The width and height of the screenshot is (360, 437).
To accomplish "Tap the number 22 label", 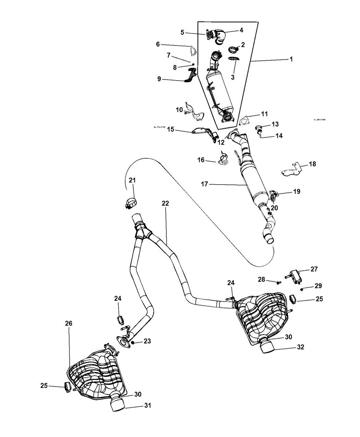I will click(165, 203).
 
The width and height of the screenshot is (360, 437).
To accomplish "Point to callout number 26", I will click(69, 323).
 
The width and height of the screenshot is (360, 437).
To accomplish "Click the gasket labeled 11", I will click(244, 121).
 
